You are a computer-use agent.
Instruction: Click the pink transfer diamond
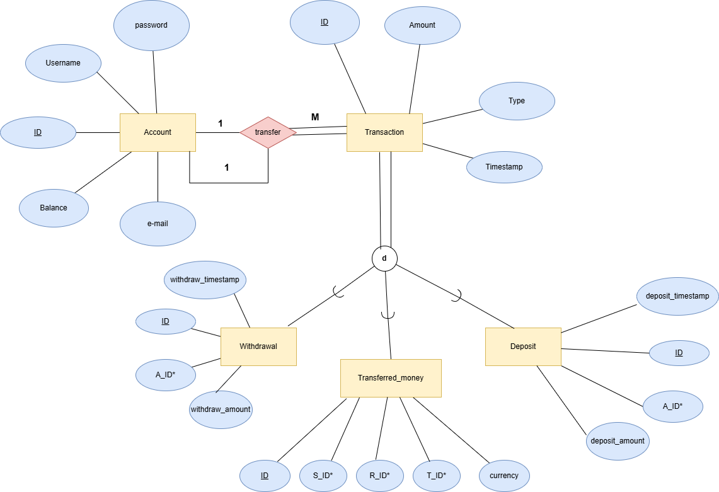pos(268,132)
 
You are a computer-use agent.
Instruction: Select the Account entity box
pos(158,132)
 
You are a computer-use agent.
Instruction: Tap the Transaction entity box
pos(384,132)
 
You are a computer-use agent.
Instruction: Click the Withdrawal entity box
pos(258,346)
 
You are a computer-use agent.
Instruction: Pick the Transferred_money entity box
pos(391,378)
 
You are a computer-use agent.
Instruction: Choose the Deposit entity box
pos(523,346)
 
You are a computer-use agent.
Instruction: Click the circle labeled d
pos(384,259)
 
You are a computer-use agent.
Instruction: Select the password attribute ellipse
pos(151,25)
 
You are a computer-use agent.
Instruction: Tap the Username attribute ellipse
pos(63,63)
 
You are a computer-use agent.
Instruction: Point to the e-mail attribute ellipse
pos(158,224)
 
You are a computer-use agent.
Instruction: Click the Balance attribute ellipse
pos(54,208)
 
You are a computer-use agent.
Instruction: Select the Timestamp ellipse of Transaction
pos(504,167)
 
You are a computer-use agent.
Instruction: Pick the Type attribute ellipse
pos(517,101)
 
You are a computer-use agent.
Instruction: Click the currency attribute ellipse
pos(504,476)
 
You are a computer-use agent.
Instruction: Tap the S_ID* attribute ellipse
pos(323,476)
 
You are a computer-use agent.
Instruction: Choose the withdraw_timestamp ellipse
pos(205,280)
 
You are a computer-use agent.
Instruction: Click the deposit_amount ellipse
pos(618,441)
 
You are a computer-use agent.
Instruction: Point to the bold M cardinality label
pos(315,117)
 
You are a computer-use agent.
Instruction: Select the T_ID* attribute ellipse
pos(437,476)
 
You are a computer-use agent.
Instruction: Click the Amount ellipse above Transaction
pos(422,25)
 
